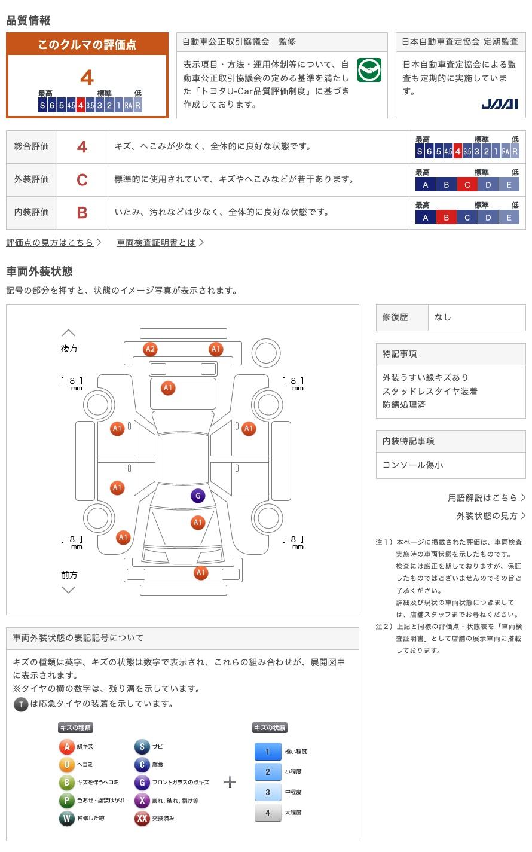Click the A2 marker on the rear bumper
click(x=150, y=349)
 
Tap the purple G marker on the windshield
click(x=197, y=496)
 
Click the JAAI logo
click(x=499, y=105)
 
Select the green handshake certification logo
click(x=369, y=71)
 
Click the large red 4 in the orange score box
click(x=87, y=78)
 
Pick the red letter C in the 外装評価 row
click(x=82, y=179)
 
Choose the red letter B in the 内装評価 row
click(x=82, y=212)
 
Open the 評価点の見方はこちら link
click(x=50, y=242)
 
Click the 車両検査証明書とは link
click(x=156, y=242)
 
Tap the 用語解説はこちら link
click(x=483, y=497)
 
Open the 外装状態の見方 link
click(x=487, y=515)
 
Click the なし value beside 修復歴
click(x=443, y=317)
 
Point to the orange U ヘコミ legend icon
click(x=67, y=765)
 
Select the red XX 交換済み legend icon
click(x=142, y=819)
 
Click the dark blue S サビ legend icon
click(x=142, y=747)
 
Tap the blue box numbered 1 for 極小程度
click(x=268, y=752)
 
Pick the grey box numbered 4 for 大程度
click(x=268, y=813)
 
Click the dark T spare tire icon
click(x=21, y=704)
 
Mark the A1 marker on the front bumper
click(x=201, y=573)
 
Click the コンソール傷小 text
click(x=412, y=465)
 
